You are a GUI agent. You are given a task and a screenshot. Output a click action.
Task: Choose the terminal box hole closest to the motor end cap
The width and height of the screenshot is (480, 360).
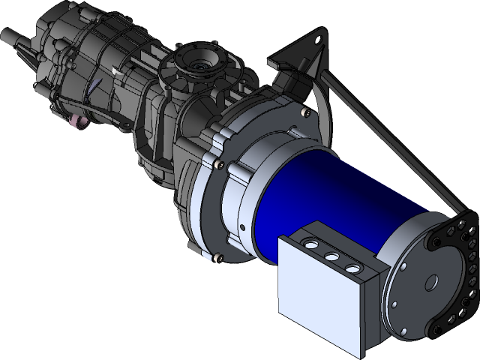click(x=350, y=266)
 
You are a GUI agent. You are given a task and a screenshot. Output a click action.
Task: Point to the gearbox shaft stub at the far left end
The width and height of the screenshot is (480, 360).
click(x=11, y=35)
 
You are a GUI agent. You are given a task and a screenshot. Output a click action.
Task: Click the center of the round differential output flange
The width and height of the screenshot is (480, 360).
click(x=201, y=66)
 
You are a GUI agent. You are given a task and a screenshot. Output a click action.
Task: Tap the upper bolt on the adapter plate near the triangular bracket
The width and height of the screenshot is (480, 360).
click(x=304, y=112)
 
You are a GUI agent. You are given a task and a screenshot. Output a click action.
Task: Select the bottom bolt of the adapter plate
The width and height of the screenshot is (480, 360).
click(x=219, y=258)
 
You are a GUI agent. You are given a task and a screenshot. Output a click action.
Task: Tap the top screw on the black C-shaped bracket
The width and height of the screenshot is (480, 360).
click(x=457, y=225)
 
